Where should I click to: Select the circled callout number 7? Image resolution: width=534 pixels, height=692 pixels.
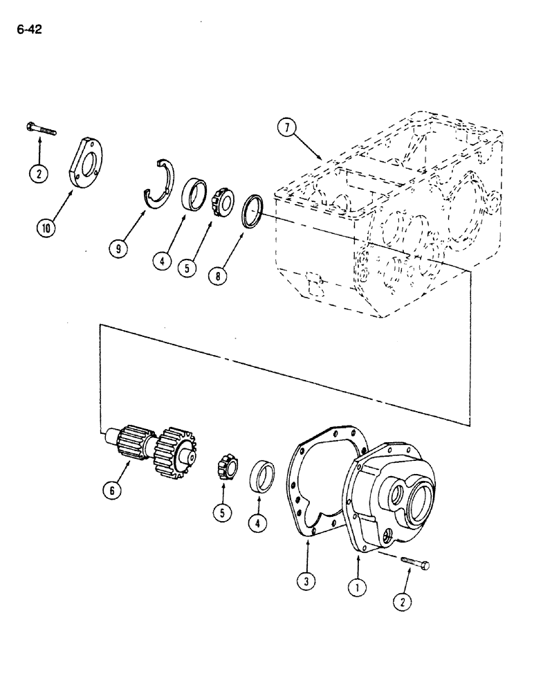tap(285, 127)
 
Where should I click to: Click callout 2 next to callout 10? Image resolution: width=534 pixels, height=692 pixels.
tap(39, 174)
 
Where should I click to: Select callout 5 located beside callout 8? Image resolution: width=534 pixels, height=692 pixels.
tap(185, 267)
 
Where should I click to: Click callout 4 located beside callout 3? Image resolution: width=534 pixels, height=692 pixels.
tap(257, 524)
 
